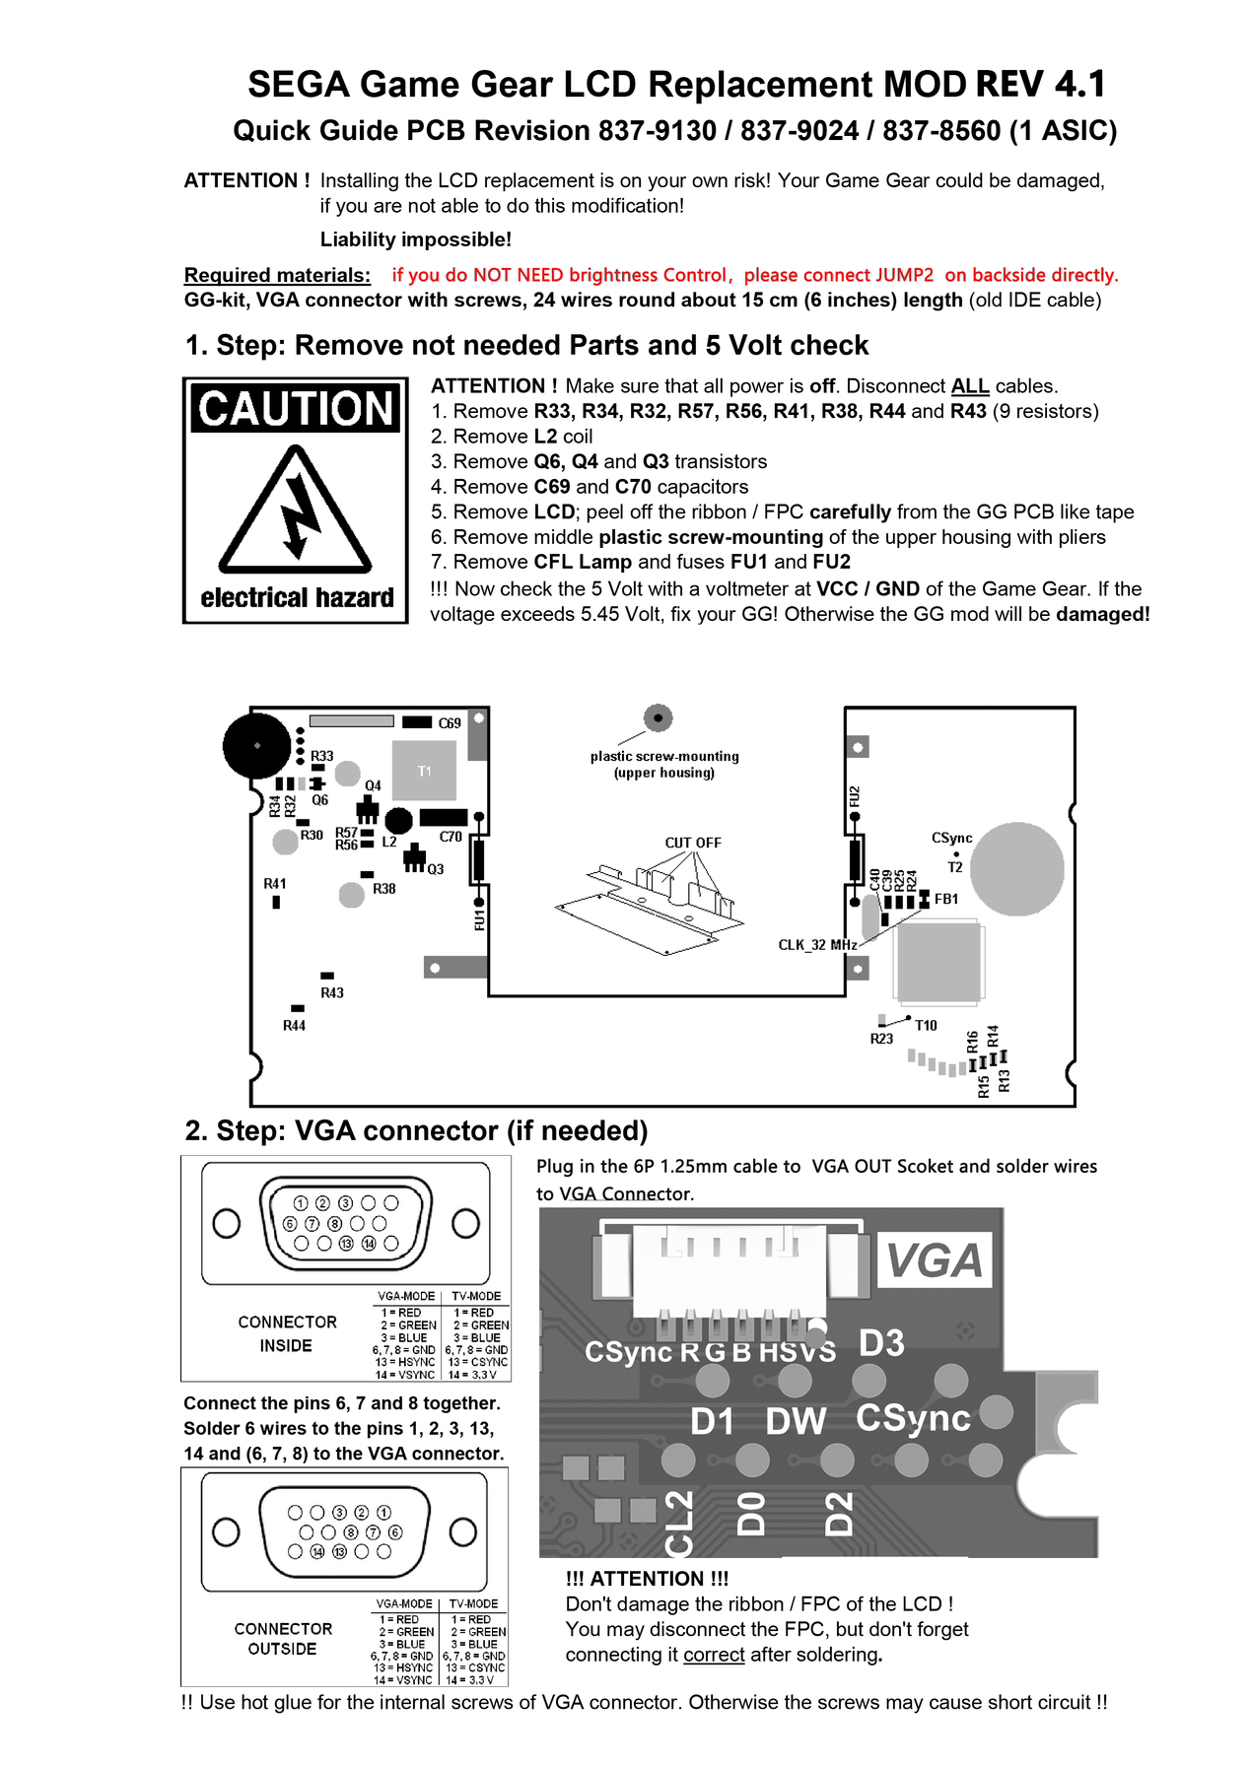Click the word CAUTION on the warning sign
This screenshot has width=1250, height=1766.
[x=296, y=409]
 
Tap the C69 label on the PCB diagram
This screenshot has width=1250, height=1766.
[x=450, y=723]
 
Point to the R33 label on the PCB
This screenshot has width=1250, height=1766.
[x=322, y=756]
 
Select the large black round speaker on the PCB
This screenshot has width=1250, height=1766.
[x=257, y=746]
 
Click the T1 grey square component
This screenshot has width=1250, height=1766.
[x=425, y=771]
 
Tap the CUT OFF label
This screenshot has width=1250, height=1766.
[x=693, y=843]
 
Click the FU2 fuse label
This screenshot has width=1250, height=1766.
[x=855, y=796]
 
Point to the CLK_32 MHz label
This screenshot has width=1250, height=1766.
[x=817, y=945]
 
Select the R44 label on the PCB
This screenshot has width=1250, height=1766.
[x=294, y=1026]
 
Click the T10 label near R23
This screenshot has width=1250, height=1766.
[x=926, y=1025]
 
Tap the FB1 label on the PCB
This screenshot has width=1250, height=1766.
[x=946, y=899]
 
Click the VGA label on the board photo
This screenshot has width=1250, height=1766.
[x=935, y=1261]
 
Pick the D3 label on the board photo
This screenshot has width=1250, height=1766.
[x=881, y=1343]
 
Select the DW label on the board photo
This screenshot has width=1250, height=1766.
[x=796, y=1421]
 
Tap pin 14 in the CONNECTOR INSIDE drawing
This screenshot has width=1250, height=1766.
[x=369, y=1244]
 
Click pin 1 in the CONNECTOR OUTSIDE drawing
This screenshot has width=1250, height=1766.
[x=384, y=1512]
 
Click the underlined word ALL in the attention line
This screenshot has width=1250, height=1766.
[x=970, y=385]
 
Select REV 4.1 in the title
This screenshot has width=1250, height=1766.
[x=1041, y=85]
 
